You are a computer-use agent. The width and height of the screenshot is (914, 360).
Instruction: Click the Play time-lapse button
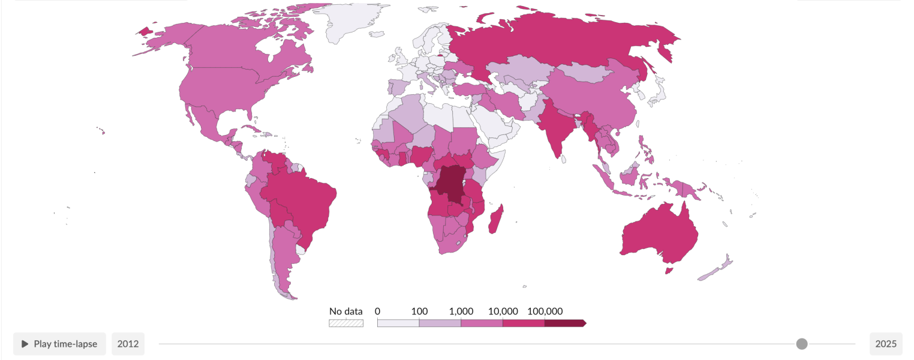(x=59, y=344)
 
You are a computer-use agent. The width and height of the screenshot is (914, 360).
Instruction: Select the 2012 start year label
(x=128, y=344)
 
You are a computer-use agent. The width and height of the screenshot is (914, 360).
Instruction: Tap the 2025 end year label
(x=886, y=344)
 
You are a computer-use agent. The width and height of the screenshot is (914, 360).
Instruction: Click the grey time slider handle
(x=802, y=344)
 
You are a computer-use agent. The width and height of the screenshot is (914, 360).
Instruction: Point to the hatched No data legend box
(x=346, y=323)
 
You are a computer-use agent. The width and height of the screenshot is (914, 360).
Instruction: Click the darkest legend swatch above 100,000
(x=564, y=323)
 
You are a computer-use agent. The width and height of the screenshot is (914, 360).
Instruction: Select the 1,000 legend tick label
(x=461, y=311)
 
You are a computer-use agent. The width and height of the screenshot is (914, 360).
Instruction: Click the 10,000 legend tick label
(x=503, y=311)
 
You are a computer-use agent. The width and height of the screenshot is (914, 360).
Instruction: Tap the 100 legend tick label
(x=419, y=311)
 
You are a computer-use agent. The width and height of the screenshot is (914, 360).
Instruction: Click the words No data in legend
(x=346, y=311)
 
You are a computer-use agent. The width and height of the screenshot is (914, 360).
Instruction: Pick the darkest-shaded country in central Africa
(x=450, y=183)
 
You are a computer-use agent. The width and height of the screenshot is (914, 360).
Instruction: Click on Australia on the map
(x=660, y=234)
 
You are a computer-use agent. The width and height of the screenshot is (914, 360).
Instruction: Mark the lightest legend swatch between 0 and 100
(x=398, y=323)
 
